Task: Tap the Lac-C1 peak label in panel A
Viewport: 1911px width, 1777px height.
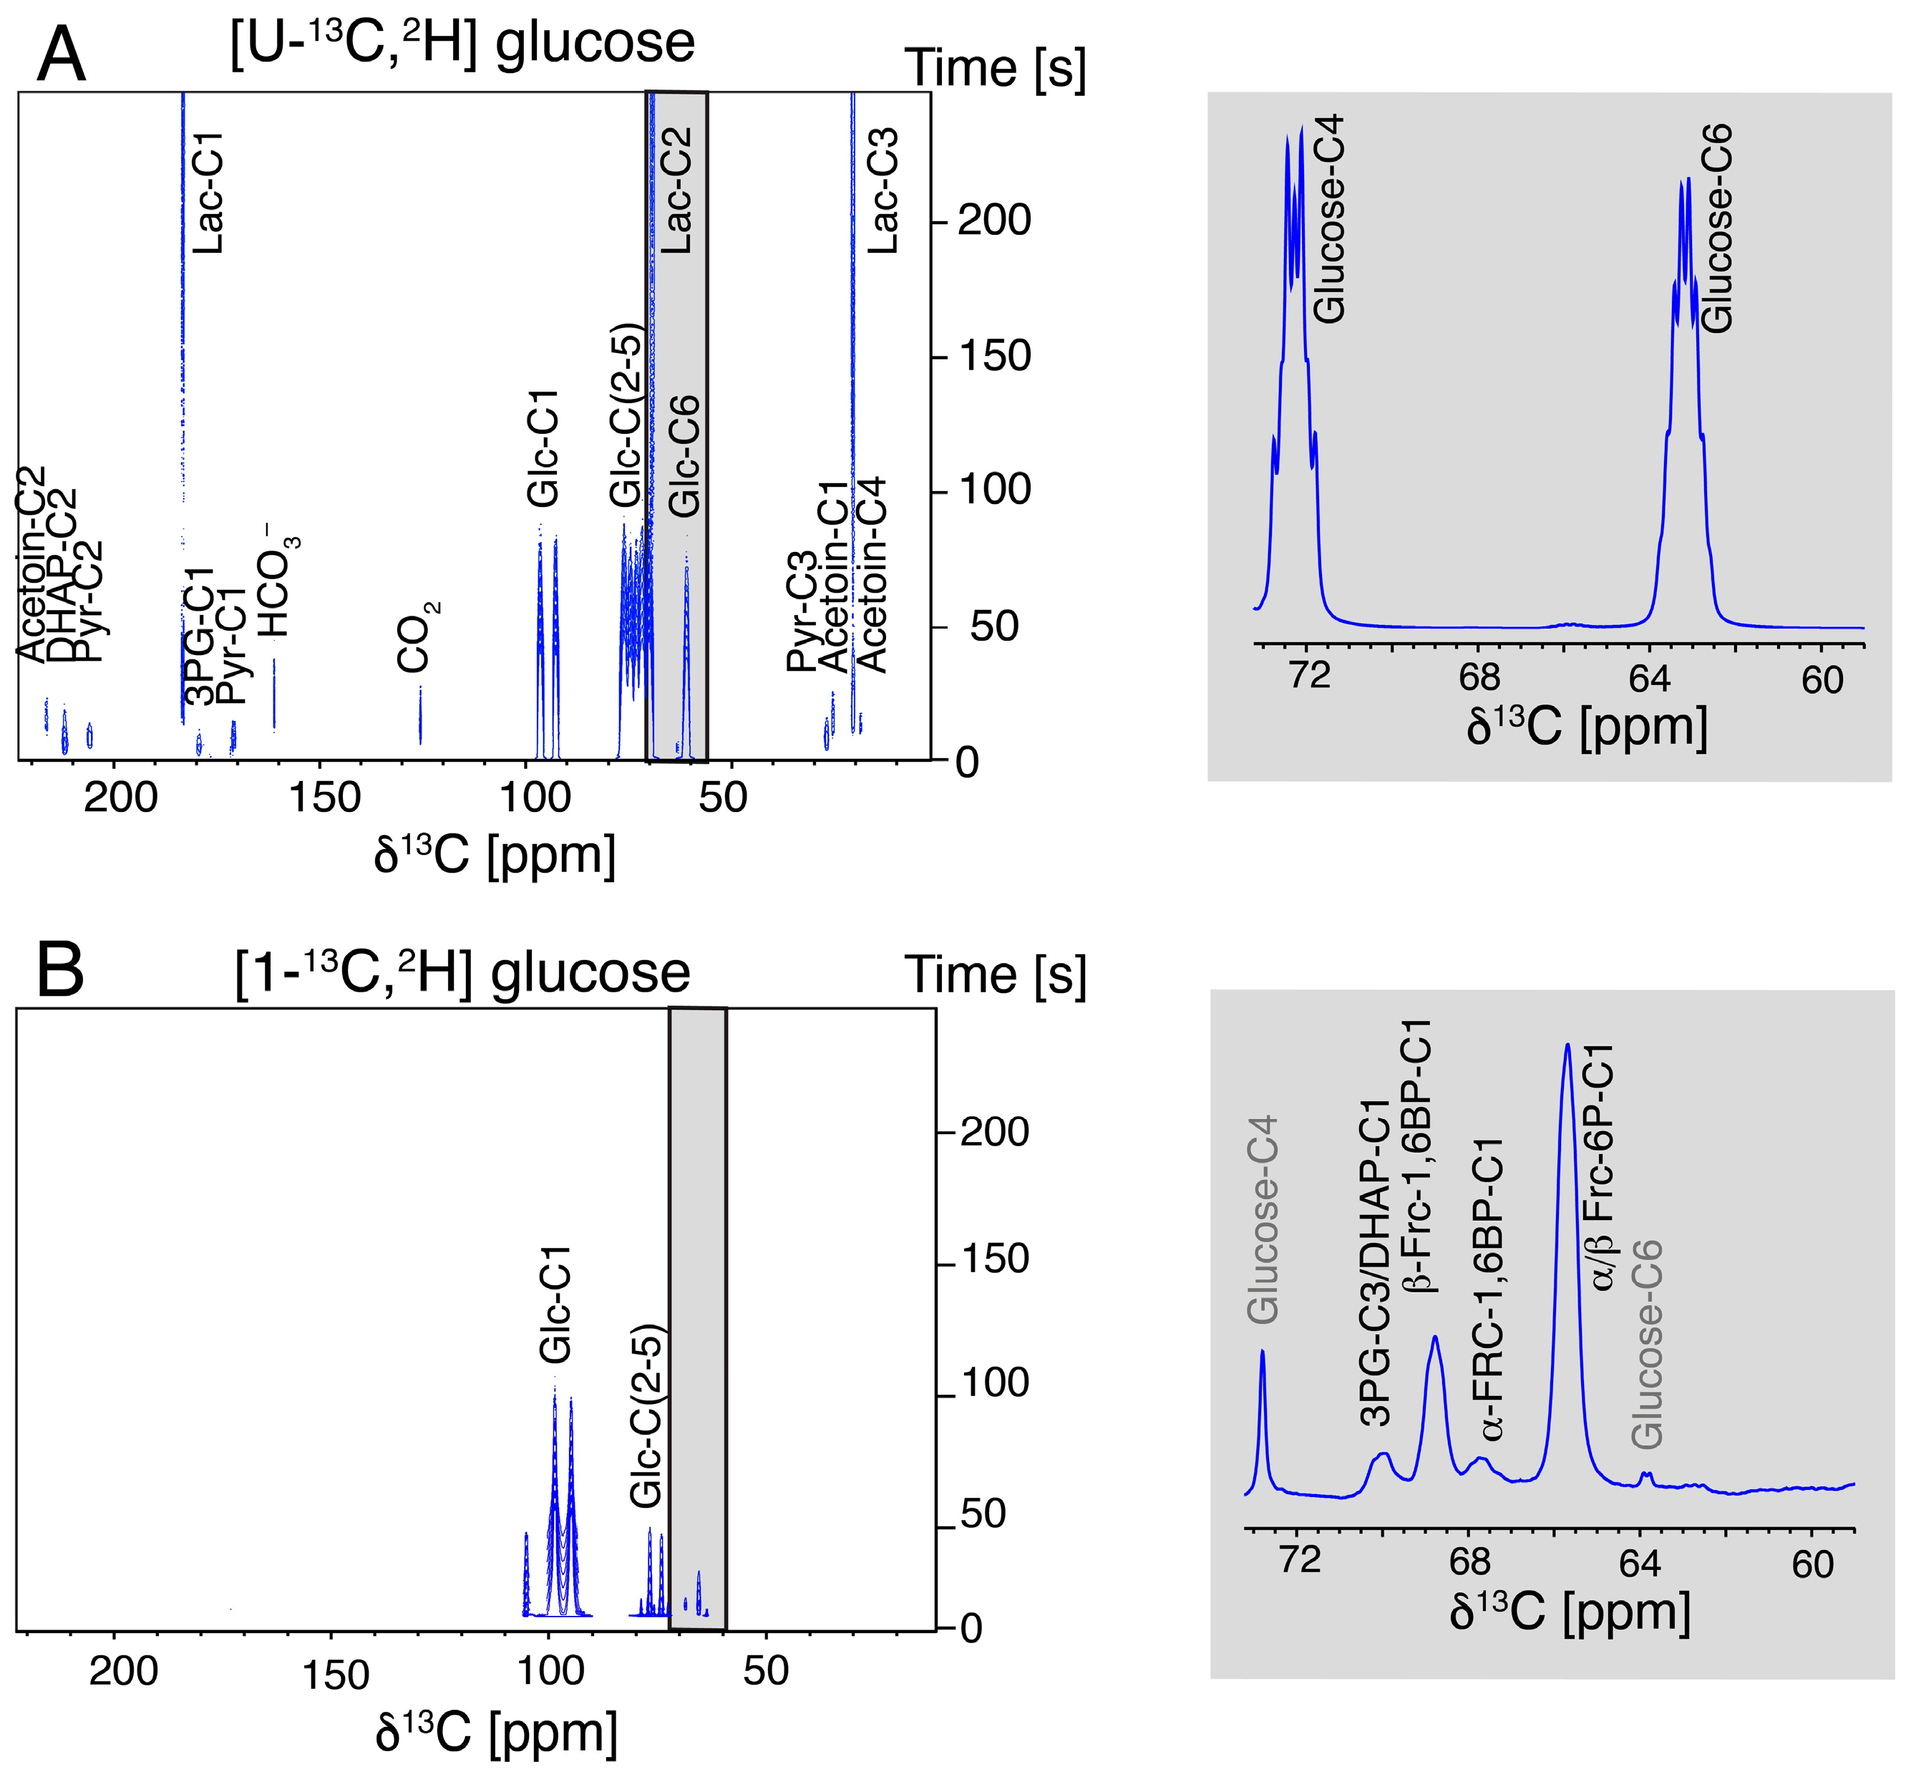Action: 208,193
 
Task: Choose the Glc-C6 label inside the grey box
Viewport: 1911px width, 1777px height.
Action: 684,456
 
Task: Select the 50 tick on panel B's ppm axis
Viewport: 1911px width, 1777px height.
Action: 766,1671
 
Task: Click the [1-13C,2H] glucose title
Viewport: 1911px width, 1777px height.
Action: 462,973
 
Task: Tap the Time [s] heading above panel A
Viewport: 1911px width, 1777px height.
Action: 995,69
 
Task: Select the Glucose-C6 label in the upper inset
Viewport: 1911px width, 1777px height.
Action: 1717,229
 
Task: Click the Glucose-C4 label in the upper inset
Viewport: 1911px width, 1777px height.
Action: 1328,219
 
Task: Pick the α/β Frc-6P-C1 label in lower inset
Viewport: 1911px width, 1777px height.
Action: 1603,1168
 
